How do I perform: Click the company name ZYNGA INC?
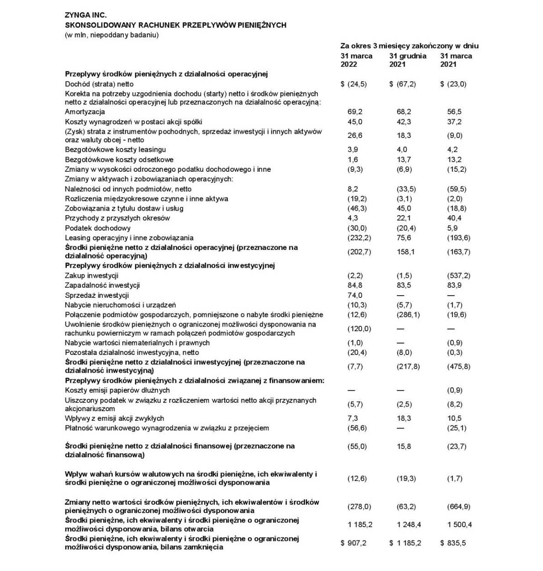pyautogui.click(x=86, y=15)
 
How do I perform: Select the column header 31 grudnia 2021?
pyautogui.click(x=407, y=60)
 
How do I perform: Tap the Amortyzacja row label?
pyautogui.click(x=85, y=112)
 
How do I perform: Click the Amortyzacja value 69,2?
pyautogui.click(x=355, y=112)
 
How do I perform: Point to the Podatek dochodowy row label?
pyautogui.click(x=98, y=228)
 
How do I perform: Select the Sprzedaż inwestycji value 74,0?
pyautogui.click(x=355, y=295)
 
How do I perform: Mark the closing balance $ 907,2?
pyautogui.click(x=354, y=543)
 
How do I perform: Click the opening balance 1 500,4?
pyautogui.click(x=459, y=524)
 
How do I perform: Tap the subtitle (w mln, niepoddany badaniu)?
pyautogui.click(x=112, y=35)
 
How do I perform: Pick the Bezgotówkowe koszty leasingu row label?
pyautogui.click(x=116, y=149)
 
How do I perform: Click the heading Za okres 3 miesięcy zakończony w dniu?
pyautogui.click(x=409, y=46)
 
